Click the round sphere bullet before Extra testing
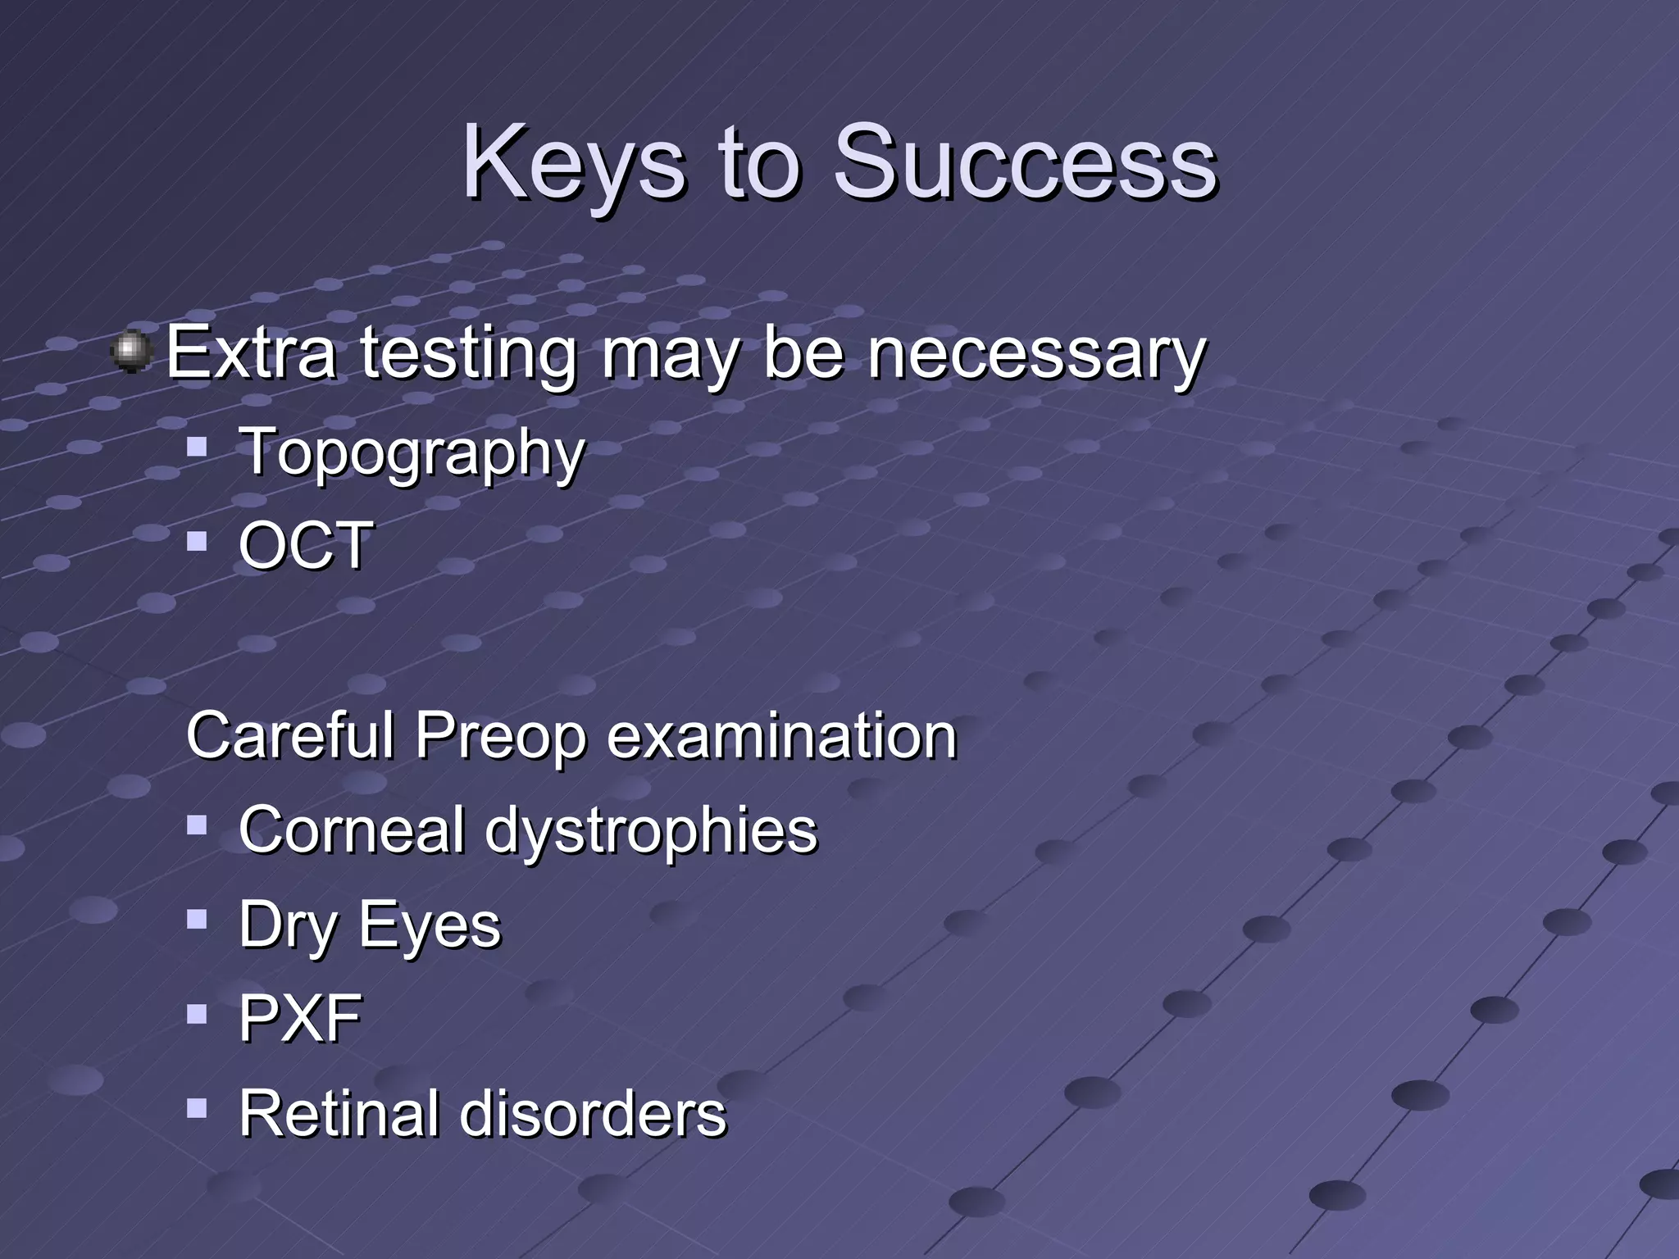click(x=132, y=352)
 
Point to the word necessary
click(x=1036, y=355)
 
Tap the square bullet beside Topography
click(x=197, y=447)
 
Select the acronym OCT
click(x=305, y=545)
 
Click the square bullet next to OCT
click(x=197, y=541)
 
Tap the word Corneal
click(x=351, y=829)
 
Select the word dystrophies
click(x=651, y=831)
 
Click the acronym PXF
click(x=299, y=1018)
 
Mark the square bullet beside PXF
click(x=197, y=1015)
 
